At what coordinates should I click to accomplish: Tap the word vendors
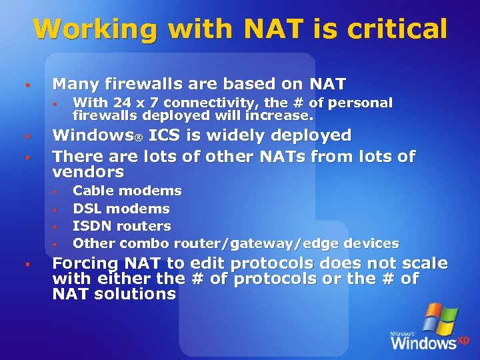pos(88,173)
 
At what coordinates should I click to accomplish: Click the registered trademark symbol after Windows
pos(139,137)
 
